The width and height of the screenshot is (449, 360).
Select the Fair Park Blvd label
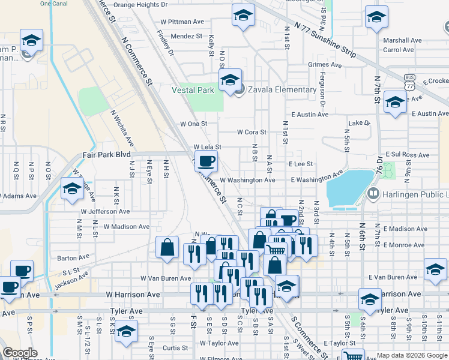(106, 154)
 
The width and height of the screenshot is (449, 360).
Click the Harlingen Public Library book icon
(372, 194)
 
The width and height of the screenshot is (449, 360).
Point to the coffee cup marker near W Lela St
(206, 161)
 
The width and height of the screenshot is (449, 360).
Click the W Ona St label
(193, 124)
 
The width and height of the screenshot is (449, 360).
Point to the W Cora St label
(252, 132)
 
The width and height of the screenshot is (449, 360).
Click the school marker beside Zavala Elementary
(229, 80)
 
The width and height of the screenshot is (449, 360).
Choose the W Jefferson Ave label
(106, 212)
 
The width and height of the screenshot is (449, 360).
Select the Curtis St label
(175, 348)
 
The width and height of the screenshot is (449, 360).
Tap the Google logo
(20, 353)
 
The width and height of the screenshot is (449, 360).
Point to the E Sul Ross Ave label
(412, 154)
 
